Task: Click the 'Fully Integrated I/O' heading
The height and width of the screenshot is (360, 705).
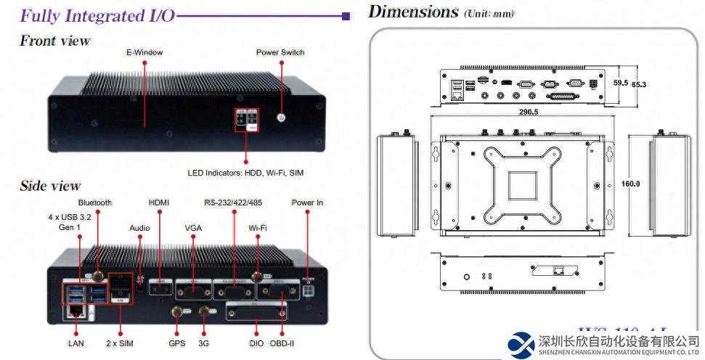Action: [97, 15]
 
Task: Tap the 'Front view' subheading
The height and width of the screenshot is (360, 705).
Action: [55, 41]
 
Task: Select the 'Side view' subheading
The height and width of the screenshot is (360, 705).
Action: [50, 187]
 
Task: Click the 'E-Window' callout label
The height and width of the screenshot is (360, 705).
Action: [144, 52]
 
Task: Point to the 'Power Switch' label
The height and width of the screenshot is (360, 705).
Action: [280, 52]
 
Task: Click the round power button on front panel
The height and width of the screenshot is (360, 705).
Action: [282, 117]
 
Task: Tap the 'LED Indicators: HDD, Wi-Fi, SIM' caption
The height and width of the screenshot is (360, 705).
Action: [246, 173]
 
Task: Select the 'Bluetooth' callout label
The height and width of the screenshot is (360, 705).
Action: [95, 202]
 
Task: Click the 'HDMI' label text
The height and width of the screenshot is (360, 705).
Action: [158, 202]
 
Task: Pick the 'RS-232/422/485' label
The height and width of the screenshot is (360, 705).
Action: [234, 202]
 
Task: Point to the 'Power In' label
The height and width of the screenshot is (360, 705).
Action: [307, 202]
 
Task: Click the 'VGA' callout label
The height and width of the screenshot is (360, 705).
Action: [193, 228]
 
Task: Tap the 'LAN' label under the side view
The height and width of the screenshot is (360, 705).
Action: [76, 343]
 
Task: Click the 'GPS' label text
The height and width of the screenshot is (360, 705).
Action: [176, 343]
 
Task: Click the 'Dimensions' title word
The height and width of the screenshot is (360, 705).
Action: [413, 11]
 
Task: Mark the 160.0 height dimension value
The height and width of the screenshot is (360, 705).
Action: [630, 184]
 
